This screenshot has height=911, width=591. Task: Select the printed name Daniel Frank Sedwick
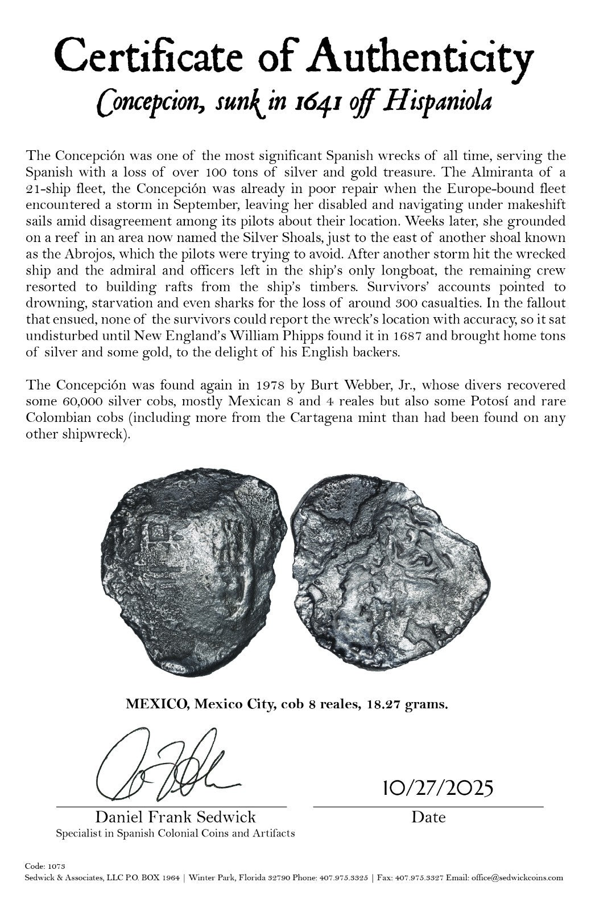(x=175, y=818)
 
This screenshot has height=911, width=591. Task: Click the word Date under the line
(x=428, y=818)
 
